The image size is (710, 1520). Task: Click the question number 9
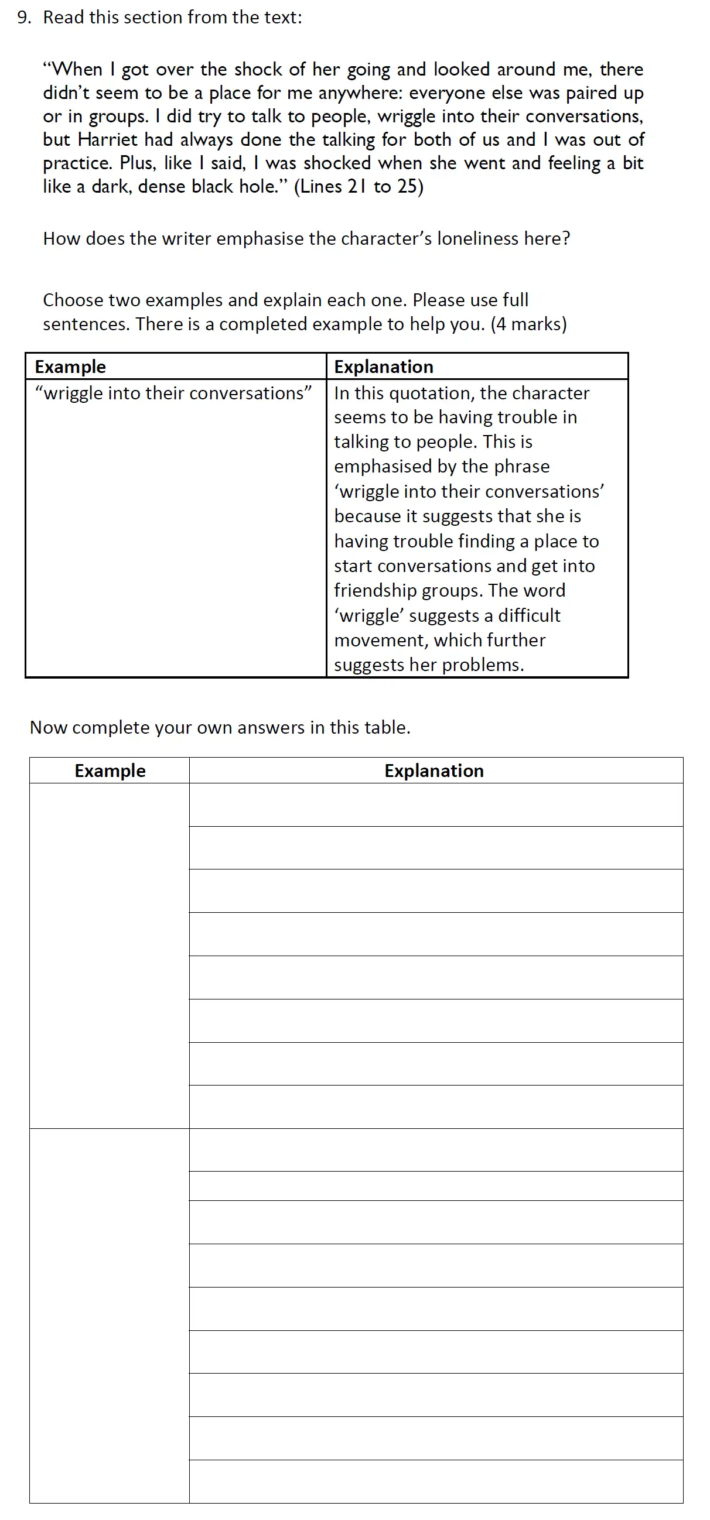(23, 18)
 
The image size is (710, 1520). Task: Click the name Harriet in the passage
(107, 140)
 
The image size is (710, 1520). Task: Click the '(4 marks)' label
(528, 324)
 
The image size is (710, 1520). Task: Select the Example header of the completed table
(70, 367)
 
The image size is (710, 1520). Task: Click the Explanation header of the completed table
(384, 367)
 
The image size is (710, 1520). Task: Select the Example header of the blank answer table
(110, 771)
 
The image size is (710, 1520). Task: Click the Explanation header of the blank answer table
(433, 771)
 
